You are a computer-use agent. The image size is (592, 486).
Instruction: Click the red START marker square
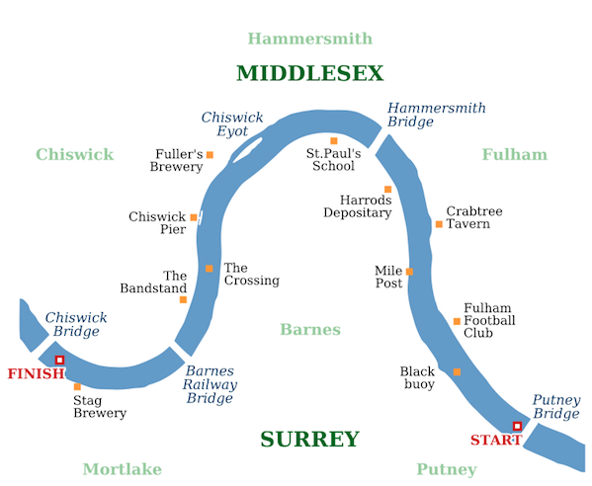pos(517,427)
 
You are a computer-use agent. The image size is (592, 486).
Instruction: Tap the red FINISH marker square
pos(59,360)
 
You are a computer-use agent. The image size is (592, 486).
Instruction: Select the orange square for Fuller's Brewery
pos(210,155)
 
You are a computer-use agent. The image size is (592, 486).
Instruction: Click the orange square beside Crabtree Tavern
pos(439,224)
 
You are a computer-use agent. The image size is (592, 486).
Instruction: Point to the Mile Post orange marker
pos(409,272)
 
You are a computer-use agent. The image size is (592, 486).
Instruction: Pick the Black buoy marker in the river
pos(457,372)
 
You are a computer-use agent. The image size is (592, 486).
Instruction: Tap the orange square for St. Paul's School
pos(334,140)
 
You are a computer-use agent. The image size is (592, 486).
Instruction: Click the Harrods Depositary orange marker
pos(387,189)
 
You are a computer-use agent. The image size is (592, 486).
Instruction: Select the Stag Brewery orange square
pos(77,386)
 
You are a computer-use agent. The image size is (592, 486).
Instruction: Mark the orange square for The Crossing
pos(210,269)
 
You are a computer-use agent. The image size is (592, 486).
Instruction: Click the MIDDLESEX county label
pos(310,73)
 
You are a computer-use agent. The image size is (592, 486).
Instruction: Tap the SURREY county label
pos(310,440)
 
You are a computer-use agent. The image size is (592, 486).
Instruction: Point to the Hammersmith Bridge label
pos(437,115)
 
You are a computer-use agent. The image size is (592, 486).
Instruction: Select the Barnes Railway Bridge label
pos(210,384)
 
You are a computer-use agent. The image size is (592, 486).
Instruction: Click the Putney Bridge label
pos(556,406)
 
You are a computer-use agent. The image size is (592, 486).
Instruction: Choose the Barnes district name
pos(310,329)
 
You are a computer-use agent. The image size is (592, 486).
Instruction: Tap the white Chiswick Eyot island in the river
pos(248,150)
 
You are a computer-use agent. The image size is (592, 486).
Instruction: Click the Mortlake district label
pos(123,469)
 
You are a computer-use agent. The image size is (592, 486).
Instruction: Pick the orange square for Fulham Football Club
pos(457,321)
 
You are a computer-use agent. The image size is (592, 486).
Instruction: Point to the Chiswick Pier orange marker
pos(194,217)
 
